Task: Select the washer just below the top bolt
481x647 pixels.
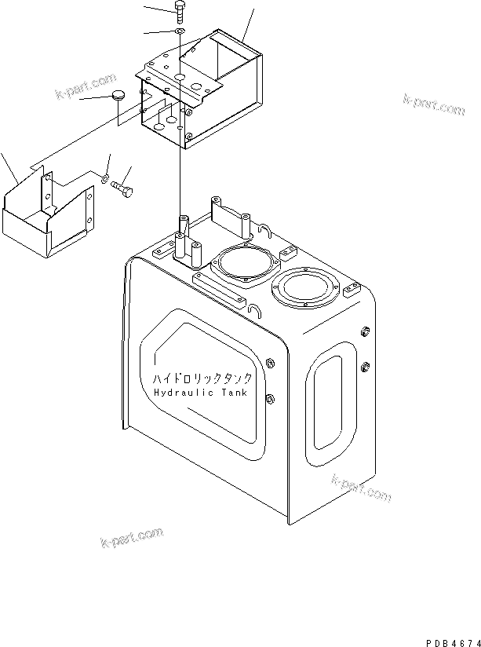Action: click(180, 31)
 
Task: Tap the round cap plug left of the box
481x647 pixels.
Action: click(118, 96)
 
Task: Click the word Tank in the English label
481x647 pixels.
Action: click(231, 393)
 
